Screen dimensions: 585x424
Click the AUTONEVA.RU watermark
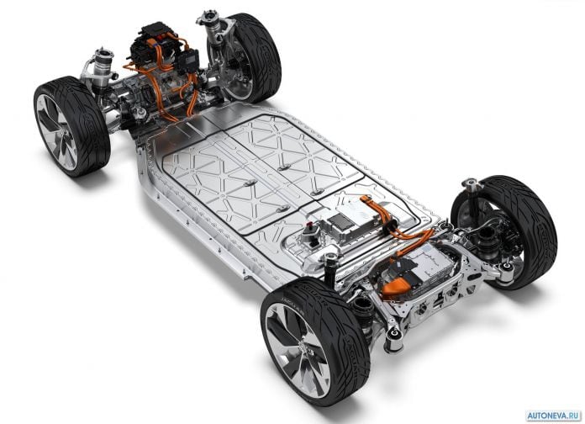554,416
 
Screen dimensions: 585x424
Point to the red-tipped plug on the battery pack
309,225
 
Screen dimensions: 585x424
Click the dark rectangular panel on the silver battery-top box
340,222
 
